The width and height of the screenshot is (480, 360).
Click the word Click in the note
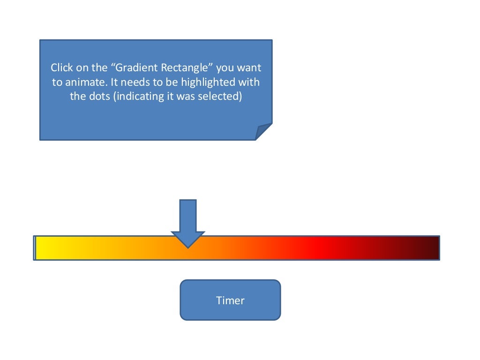pos(62,67)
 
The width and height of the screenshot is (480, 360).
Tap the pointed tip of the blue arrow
pos(188,246)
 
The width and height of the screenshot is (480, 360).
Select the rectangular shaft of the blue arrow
pos(188,216)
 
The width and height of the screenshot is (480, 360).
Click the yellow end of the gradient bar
pos(42,247)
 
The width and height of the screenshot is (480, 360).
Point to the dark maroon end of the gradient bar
pos(431,247)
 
